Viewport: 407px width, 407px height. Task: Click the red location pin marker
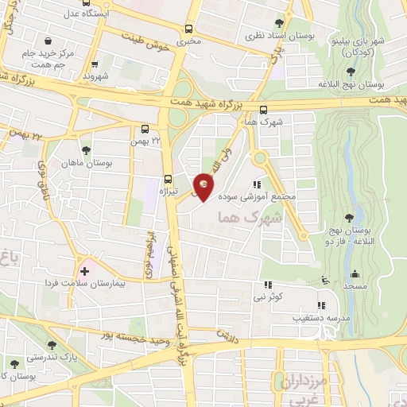click(204, 186)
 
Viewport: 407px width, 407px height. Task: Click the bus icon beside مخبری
click(188, 27)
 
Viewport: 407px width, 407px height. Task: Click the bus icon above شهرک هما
click(264, 111)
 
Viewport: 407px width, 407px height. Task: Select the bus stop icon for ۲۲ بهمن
click(145, 128)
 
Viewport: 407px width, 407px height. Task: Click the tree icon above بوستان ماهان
click(86, 149)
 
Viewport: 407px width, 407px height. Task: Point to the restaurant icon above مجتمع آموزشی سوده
click(256, 184)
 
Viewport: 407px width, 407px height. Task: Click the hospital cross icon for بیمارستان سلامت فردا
click(85, 272)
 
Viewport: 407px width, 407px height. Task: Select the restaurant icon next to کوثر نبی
click(268, 284)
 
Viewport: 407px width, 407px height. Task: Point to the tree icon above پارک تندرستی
click(52, 344)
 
